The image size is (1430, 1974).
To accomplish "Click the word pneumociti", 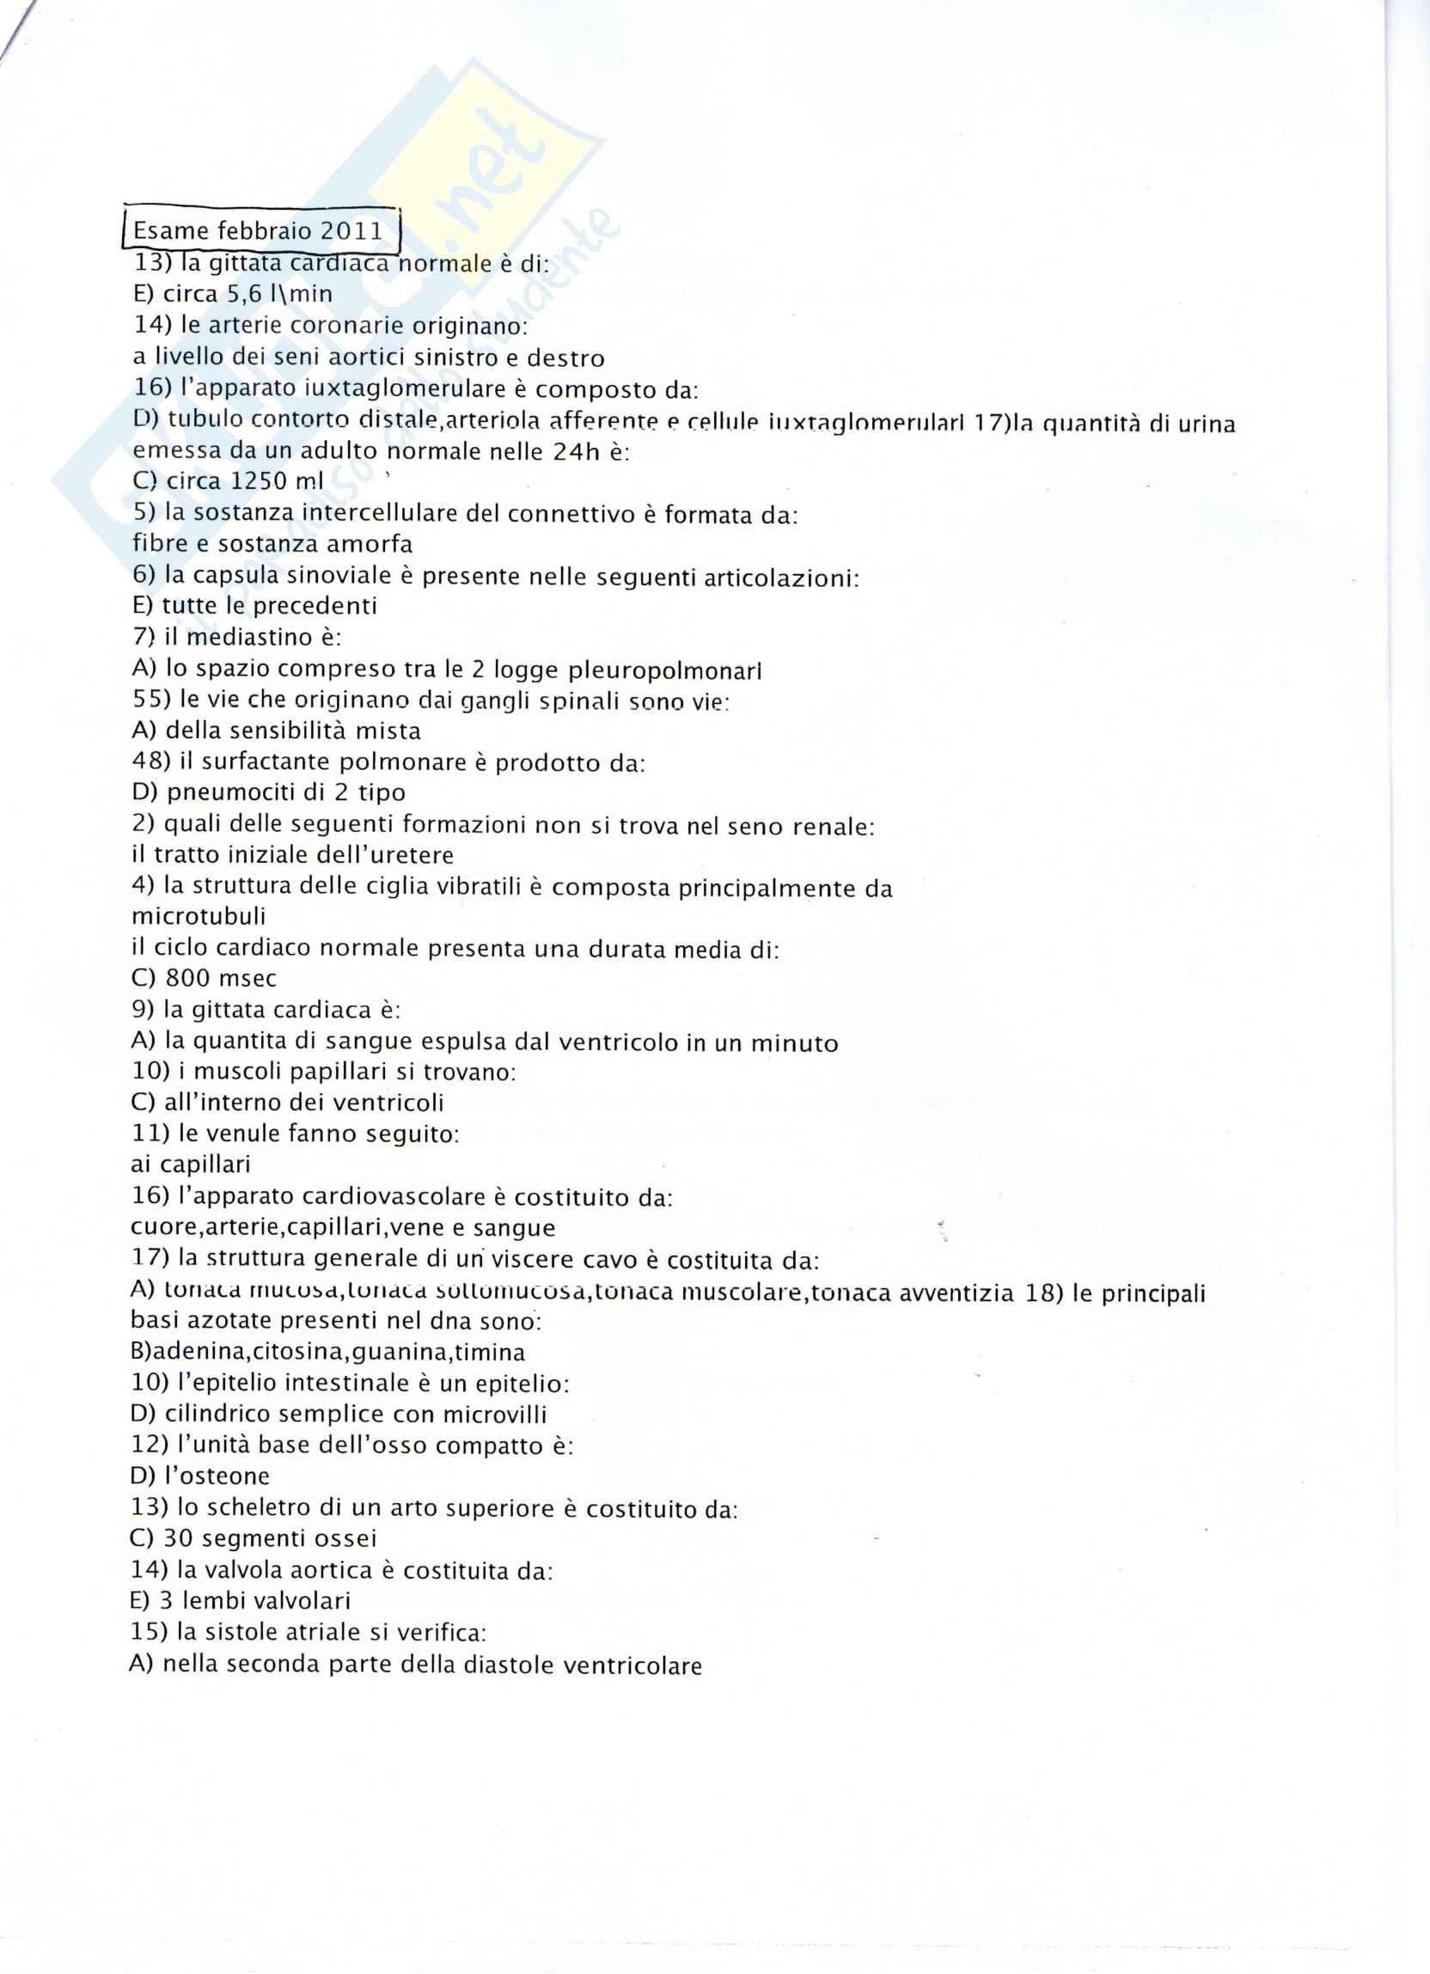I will [229, 793].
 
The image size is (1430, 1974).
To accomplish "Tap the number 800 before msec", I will [187, 979].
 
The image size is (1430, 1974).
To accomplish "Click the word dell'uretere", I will [379, 856].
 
